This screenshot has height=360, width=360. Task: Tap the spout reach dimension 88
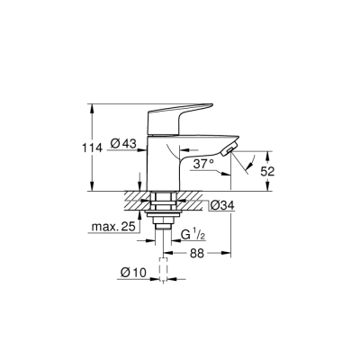[x=195, y=255]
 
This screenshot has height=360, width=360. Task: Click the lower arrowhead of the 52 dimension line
[x=274, y=187]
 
